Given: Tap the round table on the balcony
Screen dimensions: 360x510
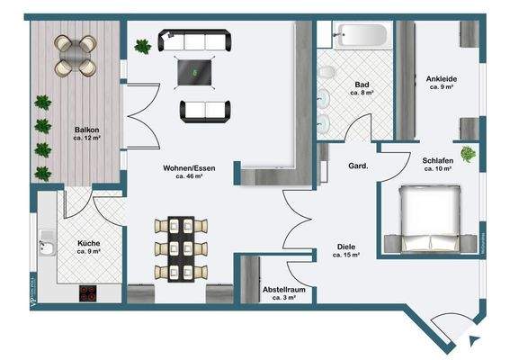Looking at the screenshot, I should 75,55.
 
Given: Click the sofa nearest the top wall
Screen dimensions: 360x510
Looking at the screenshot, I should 194,40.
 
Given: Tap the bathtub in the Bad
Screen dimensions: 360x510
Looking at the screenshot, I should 358,36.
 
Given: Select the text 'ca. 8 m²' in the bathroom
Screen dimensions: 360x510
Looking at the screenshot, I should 362,93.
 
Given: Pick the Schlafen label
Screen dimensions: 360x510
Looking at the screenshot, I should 437,160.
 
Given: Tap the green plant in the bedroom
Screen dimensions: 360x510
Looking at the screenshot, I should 467,154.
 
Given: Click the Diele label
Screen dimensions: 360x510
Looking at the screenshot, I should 345,246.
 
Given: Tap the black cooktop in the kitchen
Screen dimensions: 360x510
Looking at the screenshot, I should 89,292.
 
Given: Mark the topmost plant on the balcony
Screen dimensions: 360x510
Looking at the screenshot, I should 41,103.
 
